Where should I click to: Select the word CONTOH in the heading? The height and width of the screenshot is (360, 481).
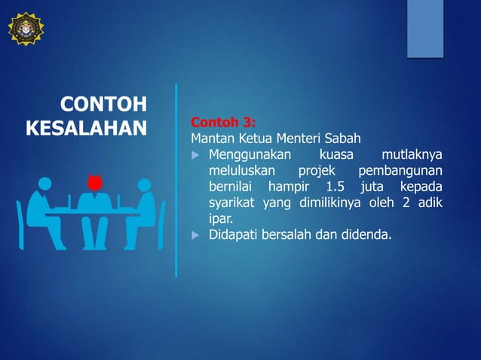point(103,104)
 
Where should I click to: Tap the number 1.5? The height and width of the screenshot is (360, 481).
point(329,187)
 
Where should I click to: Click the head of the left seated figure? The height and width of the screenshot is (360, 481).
point(44,183)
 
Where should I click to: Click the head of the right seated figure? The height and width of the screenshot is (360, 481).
point(142,183)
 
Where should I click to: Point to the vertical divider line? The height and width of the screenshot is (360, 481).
point(176,181)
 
